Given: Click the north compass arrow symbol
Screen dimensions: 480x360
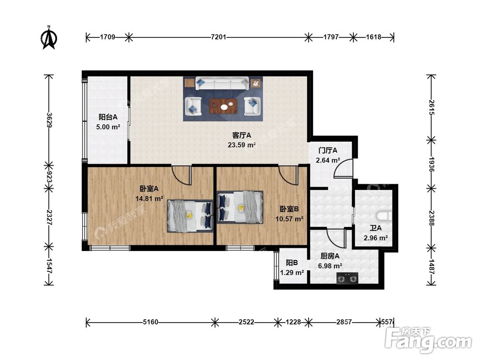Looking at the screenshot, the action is click(x=48, y=37).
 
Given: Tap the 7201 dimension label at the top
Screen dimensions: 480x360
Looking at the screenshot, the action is click(x=218, y=37).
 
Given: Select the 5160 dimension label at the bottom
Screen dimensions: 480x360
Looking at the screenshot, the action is click(x=151, y=322).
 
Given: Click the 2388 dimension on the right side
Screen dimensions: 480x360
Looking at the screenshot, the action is click(x=431, y=218).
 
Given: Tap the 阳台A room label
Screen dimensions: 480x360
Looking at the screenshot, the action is click(x=108, y=117).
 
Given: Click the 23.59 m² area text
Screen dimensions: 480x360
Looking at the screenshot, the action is click(x=241, y=145).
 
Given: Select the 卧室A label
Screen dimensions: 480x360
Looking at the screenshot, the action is click(x=149, y=189).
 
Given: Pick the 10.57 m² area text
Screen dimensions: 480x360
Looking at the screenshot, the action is click(x=289, y=219).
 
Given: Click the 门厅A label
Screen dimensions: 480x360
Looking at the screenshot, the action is click(x=328, y=150).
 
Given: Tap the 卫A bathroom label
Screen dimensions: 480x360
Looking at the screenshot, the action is click(x=376, y=228).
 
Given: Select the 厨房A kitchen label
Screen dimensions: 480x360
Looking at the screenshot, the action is click(x=330, y=256).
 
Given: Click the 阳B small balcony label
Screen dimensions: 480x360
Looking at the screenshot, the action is click(x=292, y=263).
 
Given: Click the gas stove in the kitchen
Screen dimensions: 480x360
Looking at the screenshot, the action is click(x=347, y=278).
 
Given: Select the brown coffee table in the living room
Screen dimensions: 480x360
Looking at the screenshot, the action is click(x=223, y=106).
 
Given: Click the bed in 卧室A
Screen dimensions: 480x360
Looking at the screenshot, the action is click(x=190, y=216).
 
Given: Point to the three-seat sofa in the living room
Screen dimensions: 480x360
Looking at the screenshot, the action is click(x=222, y=83).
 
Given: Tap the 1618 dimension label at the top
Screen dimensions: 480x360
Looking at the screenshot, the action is click(x=373, y=37).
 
